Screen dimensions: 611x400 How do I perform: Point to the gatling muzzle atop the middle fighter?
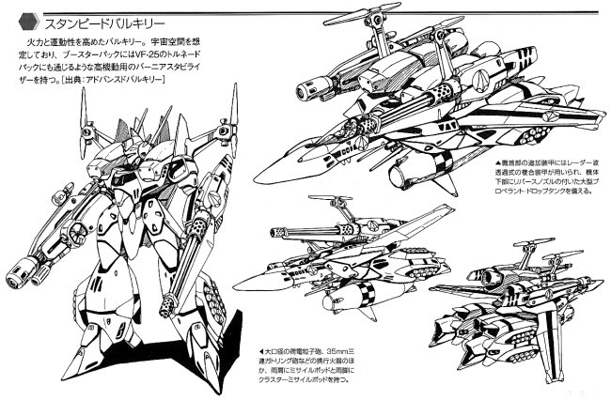274,233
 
